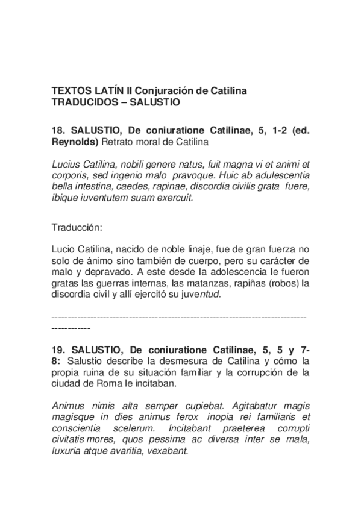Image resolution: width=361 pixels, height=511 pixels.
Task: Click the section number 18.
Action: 59,131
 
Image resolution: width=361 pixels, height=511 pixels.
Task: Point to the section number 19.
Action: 59,349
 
